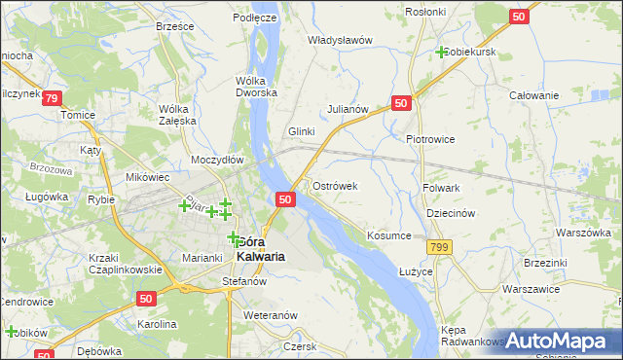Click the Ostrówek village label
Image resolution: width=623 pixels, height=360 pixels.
[337, 185]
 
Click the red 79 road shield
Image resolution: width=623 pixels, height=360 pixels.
[53, 98]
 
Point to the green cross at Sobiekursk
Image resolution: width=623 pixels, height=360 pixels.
[442, 52]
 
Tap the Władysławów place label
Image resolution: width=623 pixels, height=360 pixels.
[341, 41]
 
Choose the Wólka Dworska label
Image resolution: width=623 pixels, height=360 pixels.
[256, 87]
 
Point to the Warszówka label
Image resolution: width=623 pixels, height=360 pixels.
[582, 234]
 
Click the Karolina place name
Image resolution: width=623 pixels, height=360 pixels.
[156, 323]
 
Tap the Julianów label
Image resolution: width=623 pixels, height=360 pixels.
[348, 109]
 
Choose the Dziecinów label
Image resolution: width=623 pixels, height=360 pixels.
[450, 213]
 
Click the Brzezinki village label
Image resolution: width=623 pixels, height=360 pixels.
[544, 263]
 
